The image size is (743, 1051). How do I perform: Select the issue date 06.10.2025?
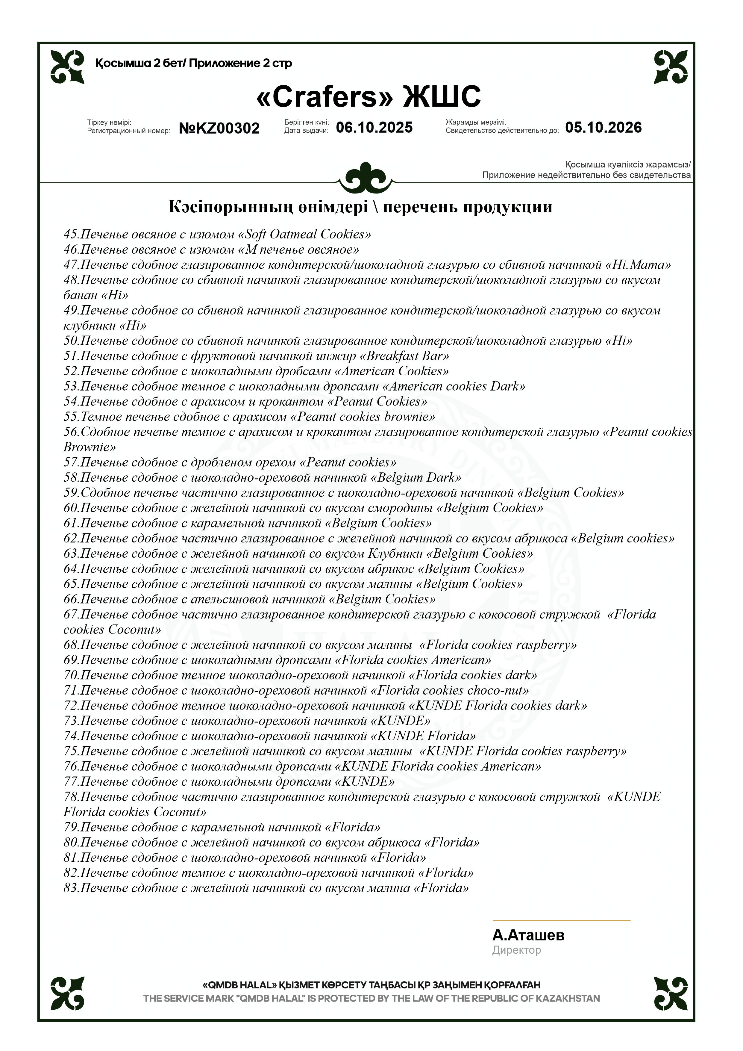coord(374,127)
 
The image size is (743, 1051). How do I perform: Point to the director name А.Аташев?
coord(528,935)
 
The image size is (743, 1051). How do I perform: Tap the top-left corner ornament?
coord(67,67)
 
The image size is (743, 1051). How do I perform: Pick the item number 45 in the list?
coord(71,234)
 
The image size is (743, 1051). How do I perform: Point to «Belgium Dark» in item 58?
coord(416,477)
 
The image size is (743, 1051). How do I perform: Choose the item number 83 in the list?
coord(71,888)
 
